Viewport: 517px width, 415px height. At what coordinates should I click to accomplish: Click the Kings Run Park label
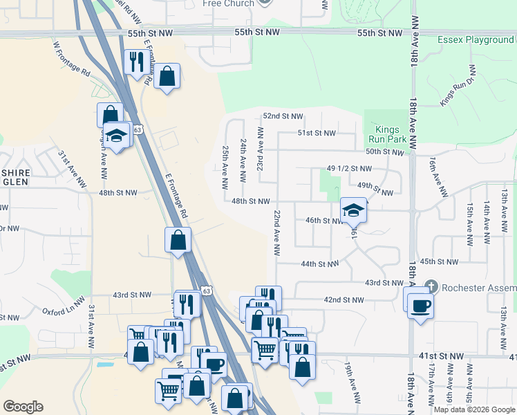coord(392,134)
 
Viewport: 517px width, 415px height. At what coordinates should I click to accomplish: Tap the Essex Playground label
coord(476,39)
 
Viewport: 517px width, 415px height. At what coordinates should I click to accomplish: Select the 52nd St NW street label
coord(283,116)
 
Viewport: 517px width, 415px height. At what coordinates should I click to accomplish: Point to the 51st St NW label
coord(316,133)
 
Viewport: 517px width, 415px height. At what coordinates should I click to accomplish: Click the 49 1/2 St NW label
coord(349,168)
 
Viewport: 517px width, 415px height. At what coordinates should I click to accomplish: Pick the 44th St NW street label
coord(319,264)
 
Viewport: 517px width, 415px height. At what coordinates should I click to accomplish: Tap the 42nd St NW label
coord(344,299)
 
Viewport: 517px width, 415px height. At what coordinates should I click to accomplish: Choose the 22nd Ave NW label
coord(276,234)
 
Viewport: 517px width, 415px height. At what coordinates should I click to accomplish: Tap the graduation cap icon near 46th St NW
coord(353,210)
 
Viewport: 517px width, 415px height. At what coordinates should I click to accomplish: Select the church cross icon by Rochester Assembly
coord(431,286)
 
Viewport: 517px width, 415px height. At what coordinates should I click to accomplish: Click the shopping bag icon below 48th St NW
coord(178,240)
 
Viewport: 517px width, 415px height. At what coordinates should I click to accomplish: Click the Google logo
coord(23,407)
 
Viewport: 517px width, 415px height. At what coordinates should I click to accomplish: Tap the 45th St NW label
coord(439,261)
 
